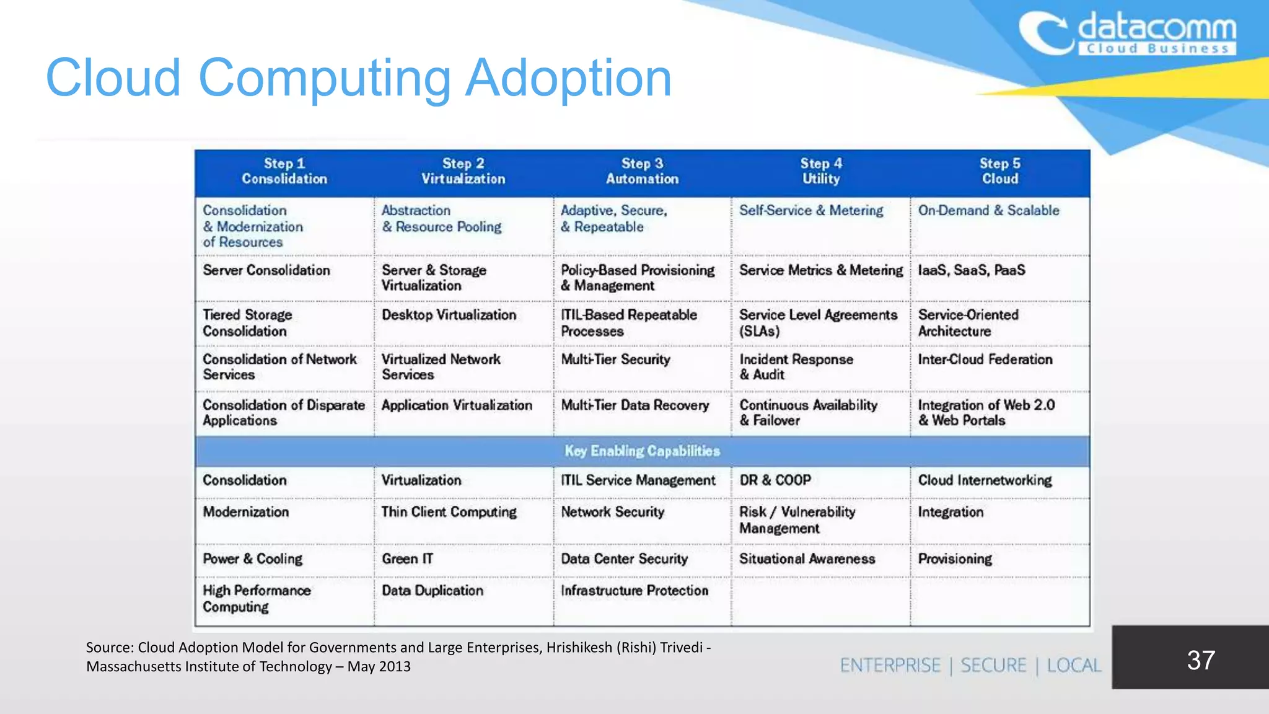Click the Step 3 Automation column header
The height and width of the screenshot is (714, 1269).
642,172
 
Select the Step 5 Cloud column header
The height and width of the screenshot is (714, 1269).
999,172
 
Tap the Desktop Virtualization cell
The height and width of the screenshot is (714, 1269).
449,315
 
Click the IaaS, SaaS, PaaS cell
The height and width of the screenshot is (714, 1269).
971,270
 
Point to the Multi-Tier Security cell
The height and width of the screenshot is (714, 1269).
615,359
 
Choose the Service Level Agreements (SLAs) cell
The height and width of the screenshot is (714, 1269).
818,323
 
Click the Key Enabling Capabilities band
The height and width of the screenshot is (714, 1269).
642,451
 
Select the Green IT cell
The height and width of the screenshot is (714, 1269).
407,559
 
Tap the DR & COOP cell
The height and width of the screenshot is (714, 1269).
775,480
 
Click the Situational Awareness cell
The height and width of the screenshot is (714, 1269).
807,559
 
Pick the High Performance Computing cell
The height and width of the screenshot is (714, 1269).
257,599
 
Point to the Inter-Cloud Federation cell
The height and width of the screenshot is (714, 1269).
985,359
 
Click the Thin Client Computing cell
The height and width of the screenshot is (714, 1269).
449,512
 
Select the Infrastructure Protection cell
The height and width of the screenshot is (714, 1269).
634,591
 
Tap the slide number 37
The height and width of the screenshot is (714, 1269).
1200,660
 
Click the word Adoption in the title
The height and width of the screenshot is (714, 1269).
568,79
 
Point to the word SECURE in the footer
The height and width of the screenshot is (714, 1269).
993,666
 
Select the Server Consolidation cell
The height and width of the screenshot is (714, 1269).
266,270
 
